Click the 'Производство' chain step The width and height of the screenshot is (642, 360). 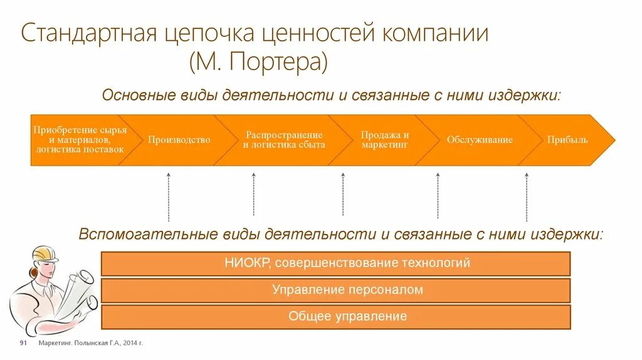[179, 140]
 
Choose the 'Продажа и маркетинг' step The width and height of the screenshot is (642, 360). [384, 140]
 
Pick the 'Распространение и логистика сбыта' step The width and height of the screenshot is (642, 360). [284, 140]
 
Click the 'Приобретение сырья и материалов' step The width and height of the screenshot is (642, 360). [80, 140]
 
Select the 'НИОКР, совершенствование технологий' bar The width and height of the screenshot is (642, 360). [335, 263]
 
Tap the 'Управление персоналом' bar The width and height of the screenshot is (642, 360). [335, 290]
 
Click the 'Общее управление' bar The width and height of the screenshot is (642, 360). [335, 317]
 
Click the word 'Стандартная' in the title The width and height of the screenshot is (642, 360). [88, 33]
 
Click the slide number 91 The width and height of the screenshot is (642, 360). [23, 344]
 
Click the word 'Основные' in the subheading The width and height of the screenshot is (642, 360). [133, 96]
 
